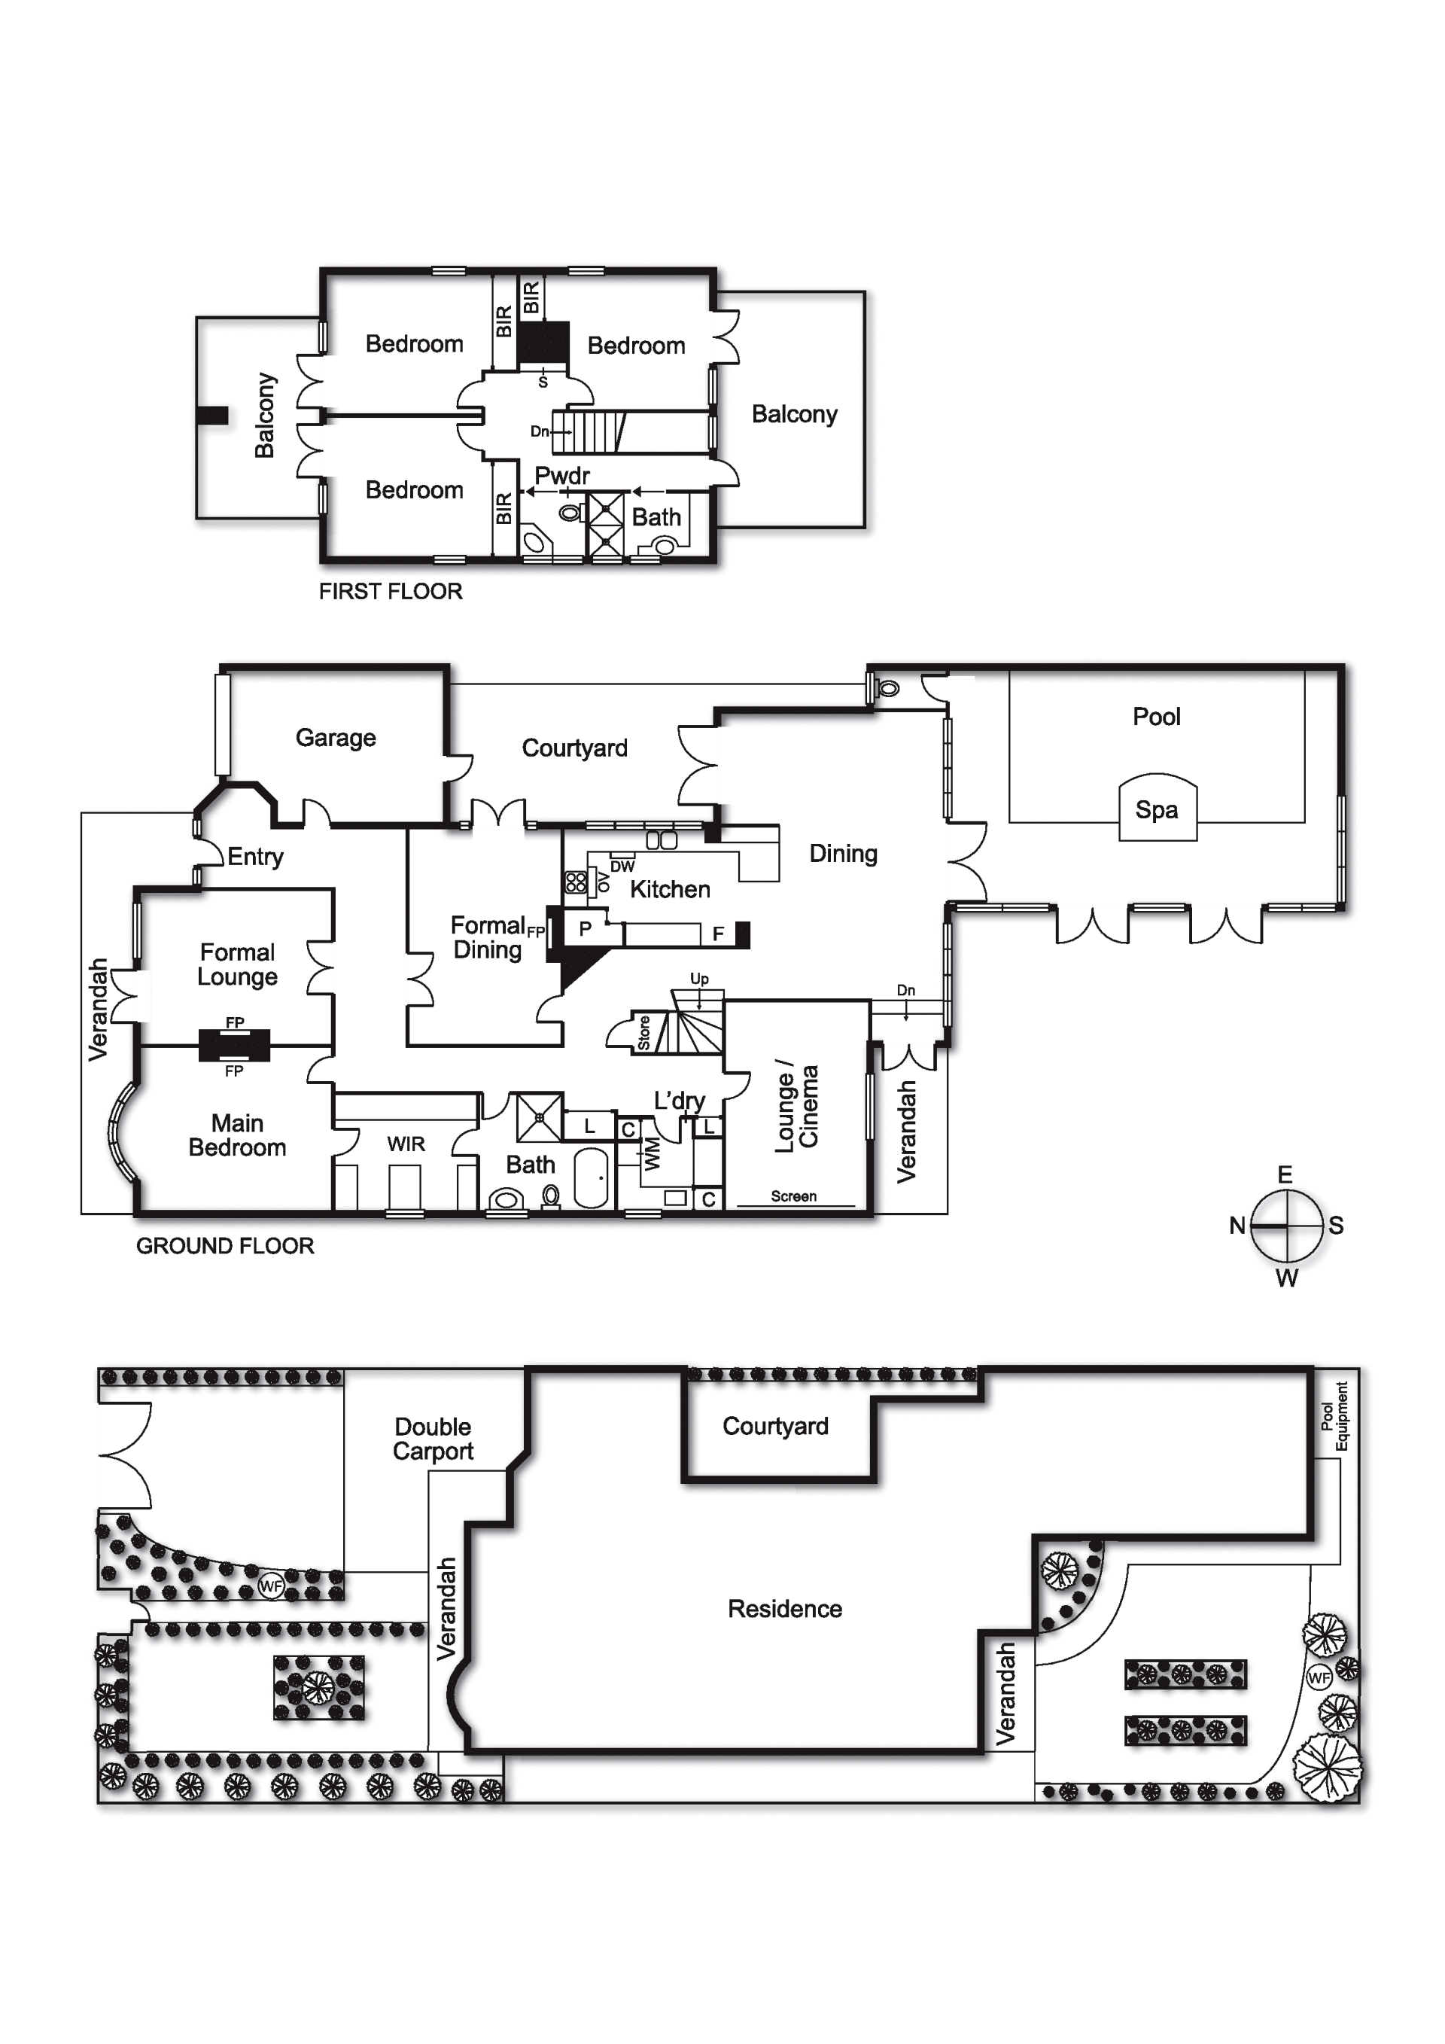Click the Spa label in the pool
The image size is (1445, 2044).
pyautogui.click(x=1156, y=810)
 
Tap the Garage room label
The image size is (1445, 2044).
pyautogui.click(x=336, y=738)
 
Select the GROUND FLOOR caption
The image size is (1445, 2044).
pyautogui.click(x=225, y=1245)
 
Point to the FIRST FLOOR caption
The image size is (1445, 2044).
pyautogui.click(x=391, y=591)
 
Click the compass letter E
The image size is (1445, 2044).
pyautogui.click(x=1285, y=1174)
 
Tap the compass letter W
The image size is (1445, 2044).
pyautogui.click(x=1287, y=1278)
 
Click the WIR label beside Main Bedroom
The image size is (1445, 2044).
pyautogui.click(x=406, y=1145)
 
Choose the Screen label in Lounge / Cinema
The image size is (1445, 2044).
pyautogui.click(x=794, y=1196)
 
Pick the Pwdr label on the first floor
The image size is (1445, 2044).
pyautogui.click(x=561, y=477)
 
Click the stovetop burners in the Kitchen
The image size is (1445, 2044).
pyautogui.click(x=576, y=882)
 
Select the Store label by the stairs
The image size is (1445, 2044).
pyautogui.click(x=644, y=1033)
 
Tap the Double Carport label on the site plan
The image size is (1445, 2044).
pyautogui.click(x=433, y=1439)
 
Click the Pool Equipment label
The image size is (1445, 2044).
pyautogui.click(x=1334, y=1415)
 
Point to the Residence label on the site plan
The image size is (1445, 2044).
pyautogui.click(x=785, y=1609)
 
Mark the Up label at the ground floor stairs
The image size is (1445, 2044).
pyautogui.click(x=699, y=979)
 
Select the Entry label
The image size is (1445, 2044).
pyautogui.click(x=255, y=858)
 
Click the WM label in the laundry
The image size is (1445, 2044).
pyautogui.click(x=653, y=1155)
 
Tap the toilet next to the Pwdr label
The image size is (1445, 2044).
pyautogui.click(x=570, y=513)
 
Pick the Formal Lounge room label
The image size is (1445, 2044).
pyautogui.click(x=238, y=965)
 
